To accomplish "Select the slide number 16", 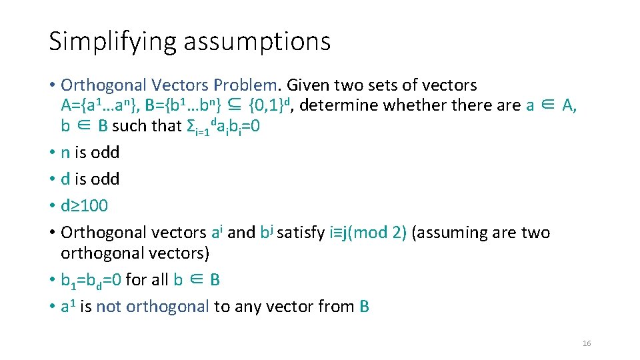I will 587,343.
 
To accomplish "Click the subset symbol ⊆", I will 234,105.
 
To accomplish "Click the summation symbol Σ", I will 189,126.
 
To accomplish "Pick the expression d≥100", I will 84,206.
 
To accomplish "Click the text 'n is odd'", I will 90,153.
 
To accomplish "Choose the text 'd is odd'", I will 90,179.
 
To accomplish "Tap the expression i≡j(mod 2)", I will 369,233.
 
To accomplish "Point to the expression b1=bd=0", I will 91,280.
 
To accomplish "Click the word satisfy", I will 302,233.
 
